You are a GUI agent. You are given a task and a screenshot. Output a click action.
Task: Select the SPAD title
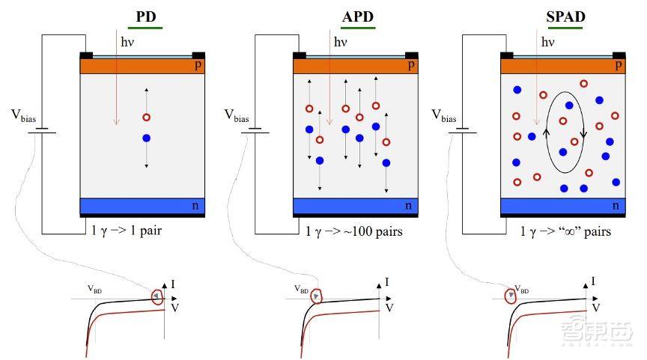tap(570, 16)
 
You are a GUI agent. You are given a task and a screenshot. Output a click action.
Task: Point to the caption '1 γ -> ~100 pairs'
tap(354, 231)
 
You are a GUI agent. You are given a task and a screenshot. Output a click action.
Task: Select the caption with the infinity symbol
tap(565, 231)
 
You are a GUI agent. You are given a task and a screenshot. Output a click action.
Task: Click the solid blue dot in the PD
tap(146, 138)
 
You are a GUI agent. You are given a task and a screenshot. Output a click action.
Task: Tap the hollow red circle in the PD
tap(146, 118)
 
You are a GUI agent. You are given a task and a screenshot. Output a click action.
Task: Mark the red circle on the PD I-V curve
tap(157, 296)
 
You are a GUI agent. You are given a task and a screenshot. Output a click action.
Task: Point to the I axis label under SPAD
tap(593, 281)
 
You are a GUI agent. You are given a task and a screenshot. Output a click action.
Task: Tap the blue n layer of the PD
tap(142, 205)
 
